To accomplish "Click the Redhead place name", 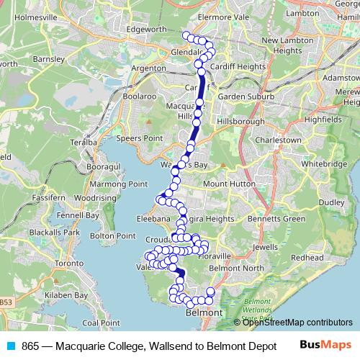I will (307, 257).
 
